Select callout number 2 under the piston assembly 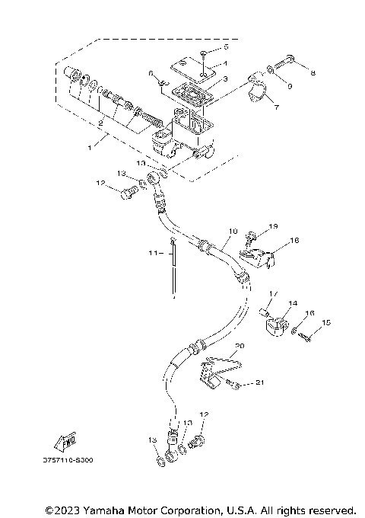[100, 122]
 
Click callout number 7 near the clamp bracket [275, 107]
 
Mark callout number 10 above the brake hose [233, 229]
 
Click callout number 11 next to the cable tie [151, 252]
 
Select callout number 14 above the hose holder [293, 303]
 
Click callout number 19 [274, 226]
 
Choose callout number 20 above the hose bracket [240, 345]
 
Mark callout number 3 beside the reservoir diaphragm [225, 79]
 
